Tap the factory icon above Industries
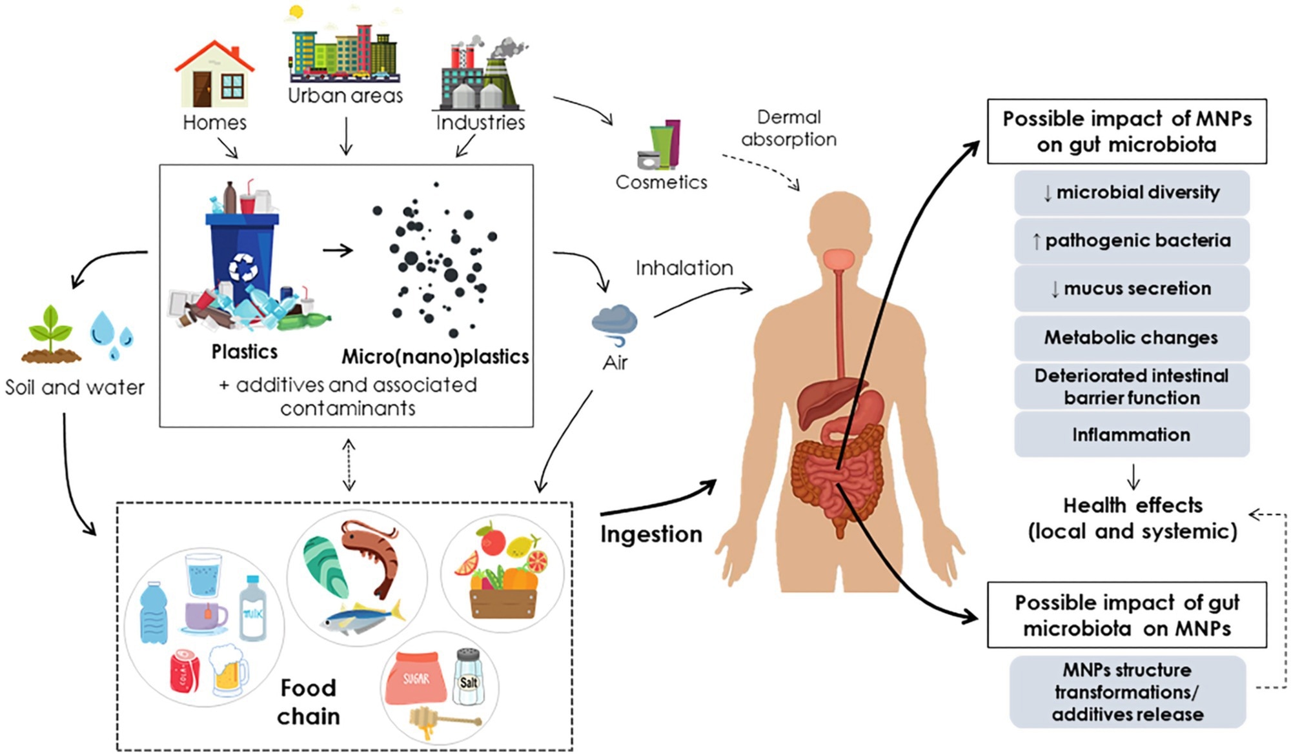(x=481, y=74)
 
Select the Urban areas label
(x=345, y=96)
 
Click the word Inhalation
(x=684, y=268)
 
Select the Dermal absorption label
(x=788, y=128)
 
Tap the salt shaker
(x=468, y=678)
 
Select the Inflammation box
(x=1131, y=435)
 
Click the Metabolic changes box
(x=1131, y=337)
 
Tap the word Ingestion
(x=651, y=534)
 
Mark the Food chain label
(x=309, y=702)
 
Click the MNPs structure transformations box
(x=1127, y=692)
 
